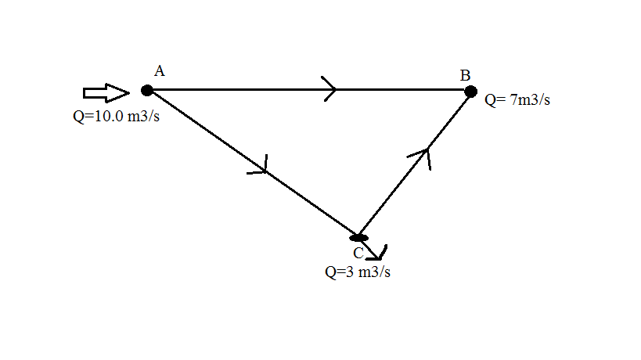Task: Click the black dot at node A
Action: [x=147, y=90]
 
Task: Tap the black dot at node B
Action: [x=470, y=92]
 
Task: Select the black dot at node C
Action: [x=359, y=236]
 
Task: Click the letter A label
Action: [x=159, y=71]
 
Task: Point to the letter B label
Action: [x=465, y=75]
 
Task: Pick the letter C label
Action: [x=358, y=253]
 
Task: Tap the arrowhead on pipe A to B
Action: [x=330, y=88]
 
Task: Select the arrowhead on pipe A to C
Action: [x=261, y=166]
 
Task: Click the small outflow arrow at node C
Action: [x=377, y=252]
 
